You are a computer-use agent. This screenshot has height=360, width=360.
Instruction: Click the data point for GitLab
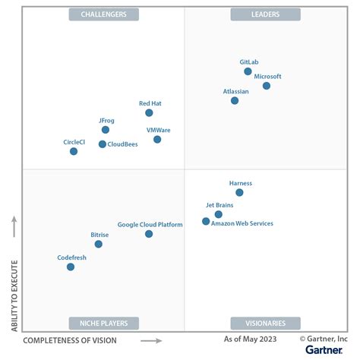(x=248, y=71)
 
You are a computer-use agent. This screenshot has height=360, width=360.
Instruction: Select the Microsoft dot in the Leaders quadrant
(x=267, y=86)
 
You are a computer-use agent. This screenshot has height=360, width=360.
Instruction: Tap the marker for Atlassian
(x=235, y=100)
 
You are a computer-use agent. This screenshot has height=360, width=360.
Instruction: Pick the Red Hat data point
(x=149, y=112)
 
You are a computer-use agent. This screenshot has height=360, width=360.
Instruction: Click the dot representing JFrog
(x=106, y=130)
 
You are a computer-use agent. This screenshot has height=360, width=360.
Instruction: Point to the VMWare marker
(x=157, y=139)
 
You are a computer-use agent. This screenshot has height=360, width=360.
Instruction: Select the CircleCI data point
(x=74, y=151)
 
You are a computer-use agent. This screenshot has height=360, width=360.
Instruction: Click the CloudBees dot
(x=103, y=144)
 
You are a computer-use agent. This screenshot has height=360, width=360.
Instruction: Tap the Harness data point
(x=239, y=193)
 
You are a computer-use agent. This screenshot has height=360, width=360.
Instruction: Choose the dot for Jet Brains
(x=219, y=214)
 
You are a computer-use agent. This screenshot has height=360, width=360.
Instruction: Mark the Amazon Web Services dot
(x=206, y=221)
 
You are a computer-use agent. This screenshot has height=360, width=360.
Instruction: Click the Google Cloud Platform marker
(x=149, y=234)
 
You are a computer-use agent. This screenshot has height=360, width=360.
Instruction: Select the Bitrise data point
(x=98, y=244)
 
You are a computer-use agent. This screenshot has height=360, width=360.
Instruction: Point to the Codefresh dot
(x=71, y=267)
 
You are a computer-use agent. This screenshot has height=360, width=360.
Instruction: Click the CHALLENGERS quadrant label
(x=103, y=14)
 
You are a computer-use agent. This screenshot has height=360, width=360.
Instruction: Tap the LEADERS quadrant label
(x=265, y=14)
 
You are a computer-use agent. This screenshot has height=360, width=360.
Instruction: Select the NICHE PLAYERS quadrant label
(x=103, y=323)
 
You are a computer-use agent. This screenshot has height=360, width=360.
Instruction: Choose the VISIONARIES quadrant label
(x=265, y=323)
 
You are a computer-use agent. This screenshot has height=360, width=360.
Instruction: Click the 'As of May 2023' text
(x=251, y=339)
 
